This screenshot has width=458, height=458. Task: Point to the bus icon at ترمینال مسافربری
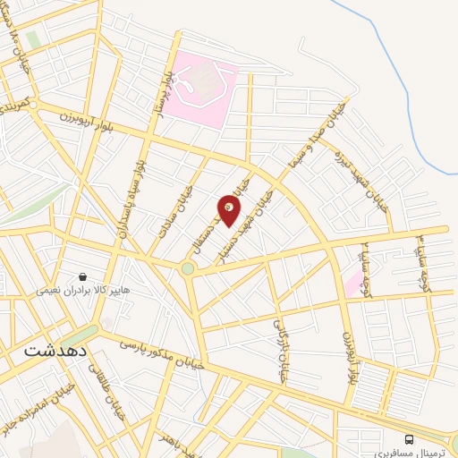coord(409,438)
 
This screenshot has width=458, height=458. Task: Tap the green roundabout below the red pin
coord(188,267)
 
